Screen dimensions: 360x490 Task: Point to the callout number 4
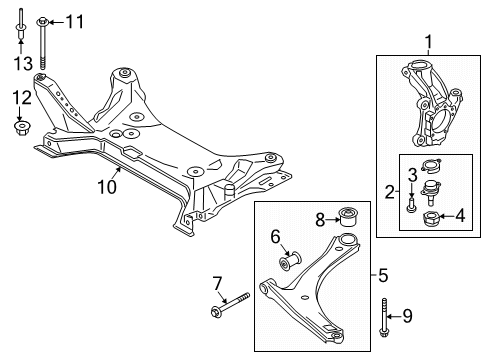point(460,214)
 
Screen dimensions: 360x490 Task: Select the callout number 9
point(406,317)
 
